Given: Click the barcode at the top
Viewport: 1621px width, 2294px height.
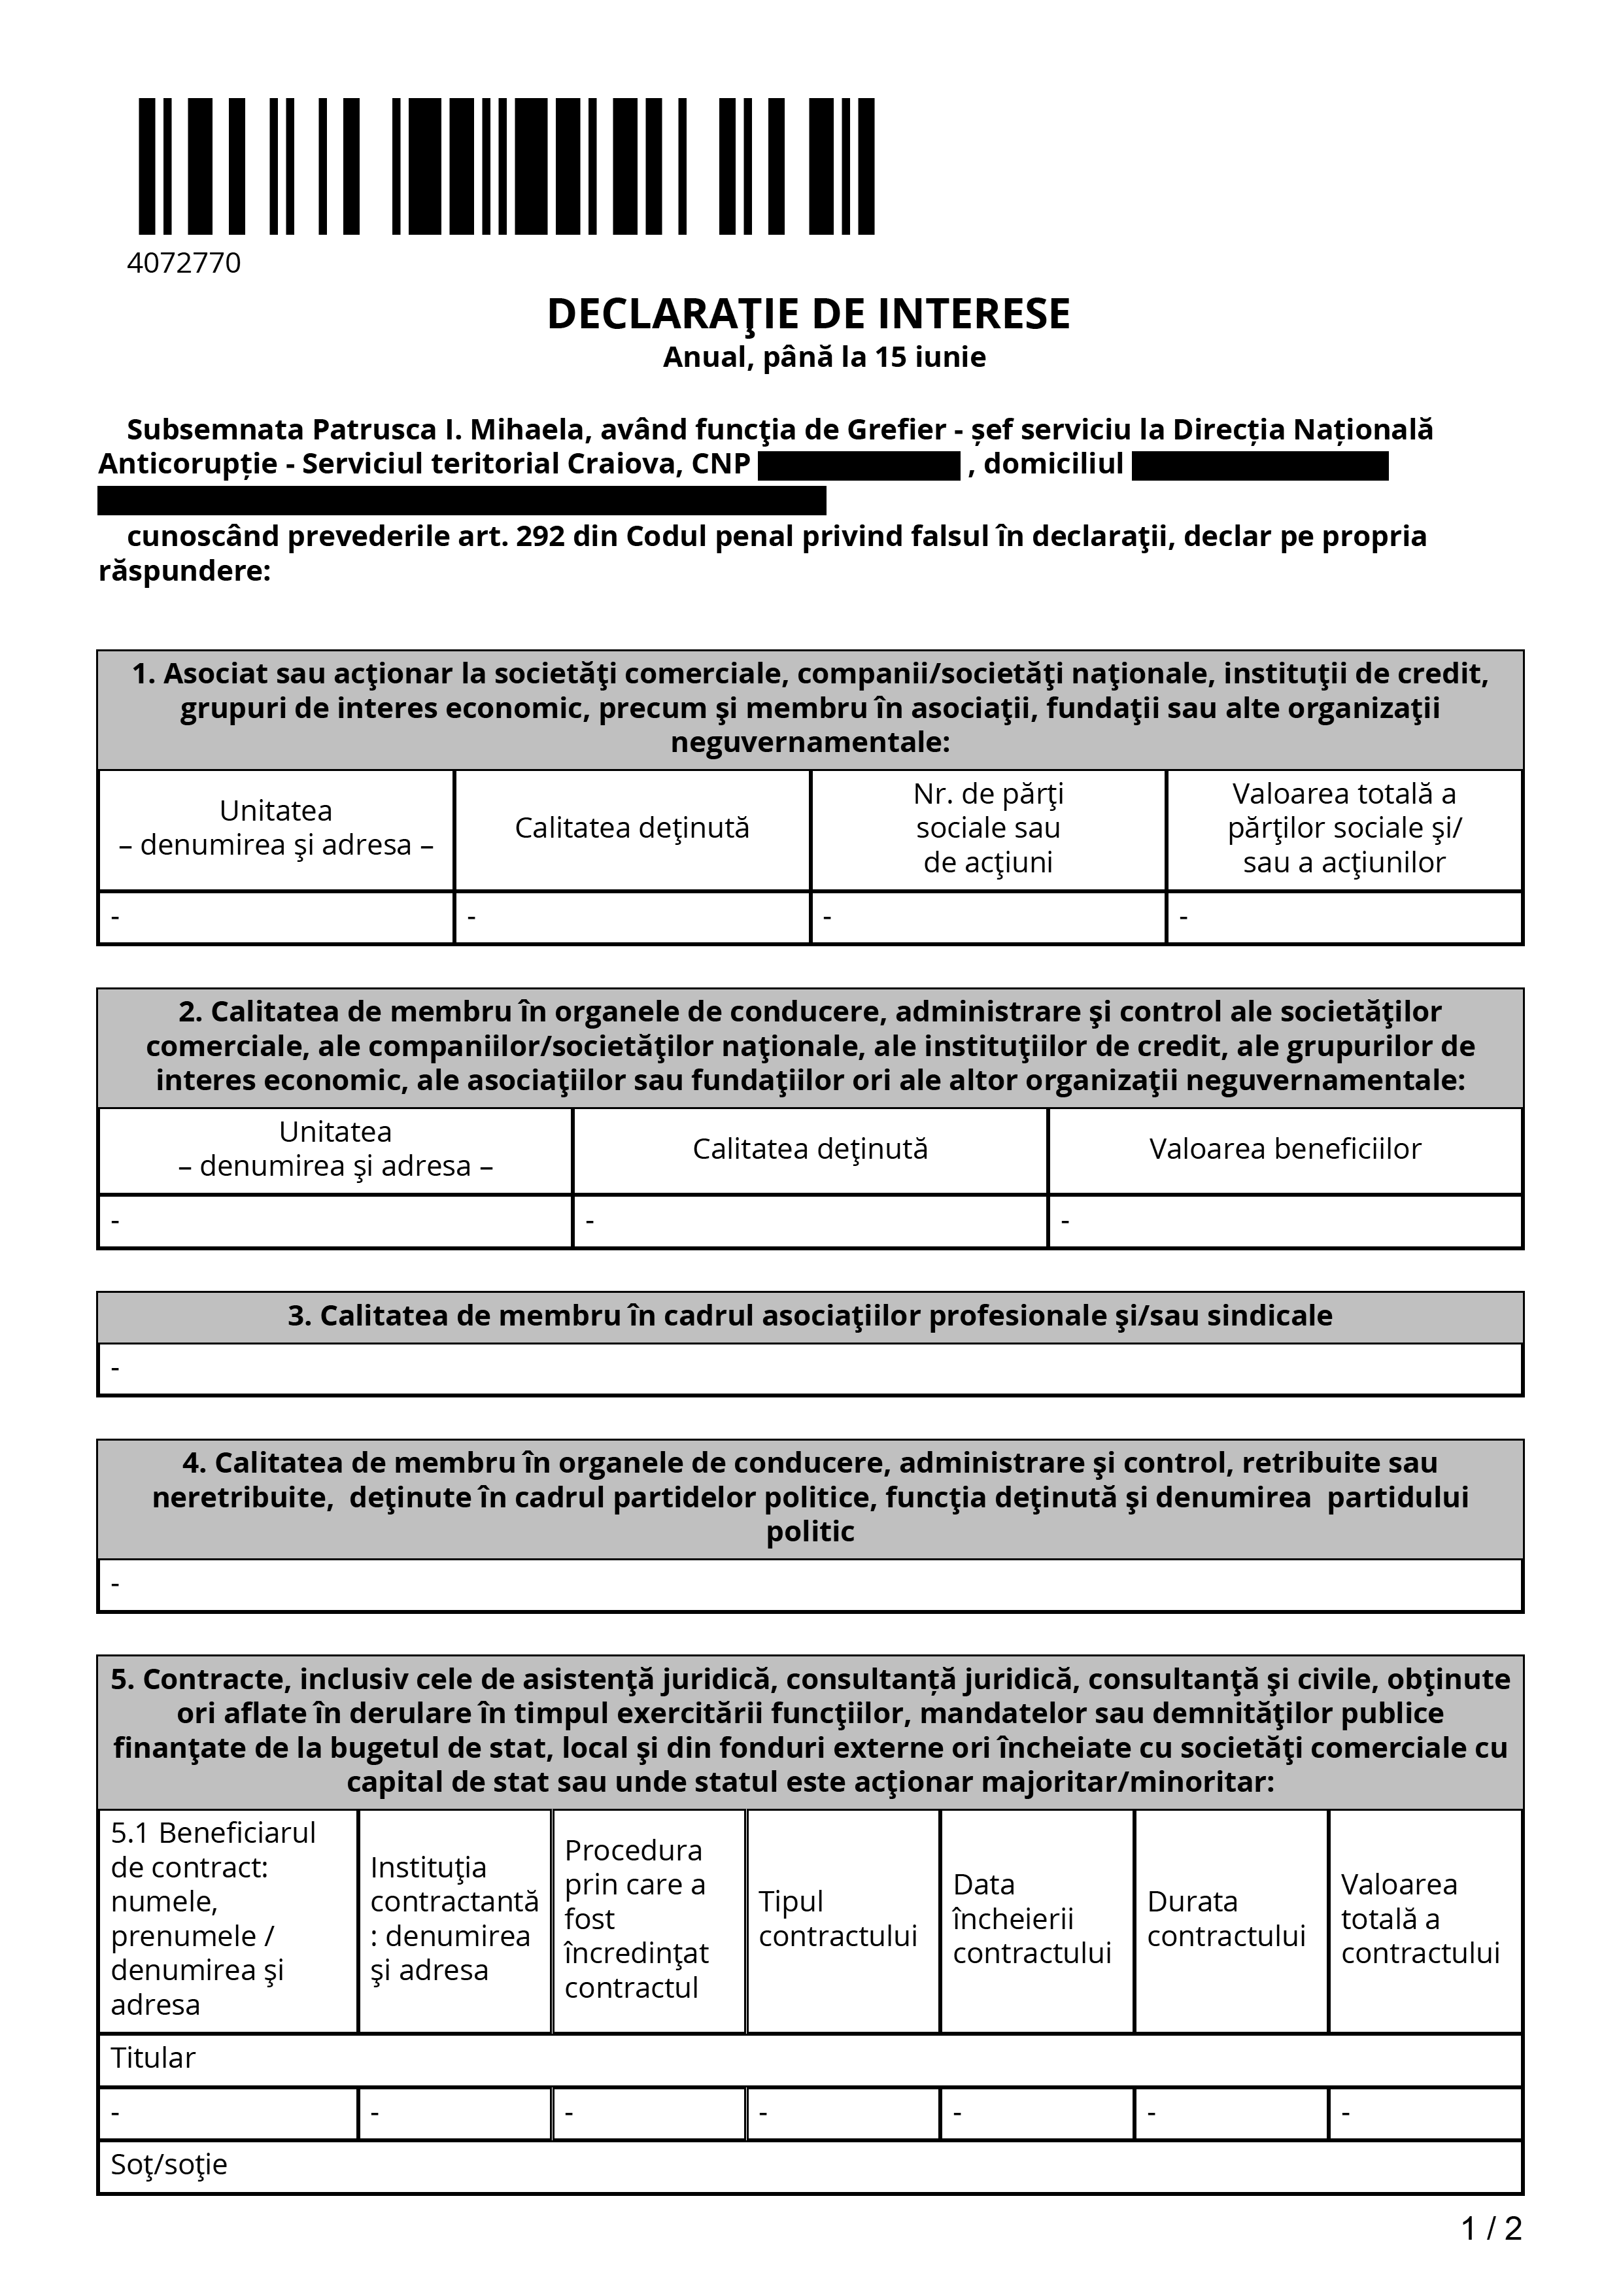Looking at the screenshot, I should point(506,166).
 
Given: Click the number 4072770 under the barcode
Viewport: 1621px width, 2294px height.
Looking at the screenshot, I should point(184,263).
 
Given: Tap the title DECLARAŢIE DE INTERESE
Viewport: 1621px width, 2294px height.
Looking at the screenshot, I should point(808,314).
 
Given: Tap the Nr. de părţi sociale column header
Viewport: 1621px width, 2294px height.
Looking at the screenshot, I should point(988,827).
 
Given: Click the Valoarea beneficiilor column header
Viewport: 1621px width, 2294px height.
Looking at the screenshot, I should point(1284,1149).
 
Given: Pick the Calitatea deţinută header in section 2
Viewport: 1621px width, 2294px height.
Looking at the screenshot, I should point(810,1149).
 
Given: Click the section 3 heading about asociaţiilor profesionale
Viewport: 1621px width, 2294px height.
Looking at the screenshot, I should point(810,1316).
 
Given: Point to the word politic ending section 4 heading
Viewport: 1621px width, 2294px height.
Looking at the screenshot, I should point(810,1532).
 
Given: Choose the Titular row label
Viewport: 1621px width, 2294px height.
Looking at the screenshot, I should point(153,2058).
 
